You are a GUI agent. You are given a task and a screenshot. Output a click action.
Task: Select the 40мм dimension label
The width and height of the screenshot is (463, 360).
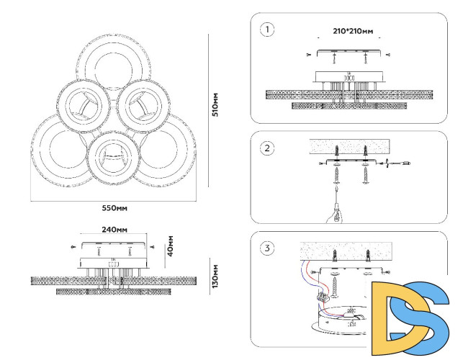pos(170,246)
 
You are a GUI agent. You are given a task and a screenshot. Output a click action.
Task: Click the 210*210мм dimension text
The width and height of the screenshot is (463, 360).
pos(354,32)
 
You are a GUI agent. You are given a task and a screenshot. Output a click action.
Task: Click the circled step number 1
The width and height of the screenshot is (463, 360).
pos(268,30)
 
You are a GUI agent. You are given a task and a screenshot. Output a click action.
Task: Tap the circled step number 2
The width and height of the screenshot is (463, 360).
pos(268,148)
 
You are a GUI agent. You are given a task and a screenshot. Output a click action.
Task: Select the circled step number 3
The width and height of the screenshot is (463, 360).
pos(268,248)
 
